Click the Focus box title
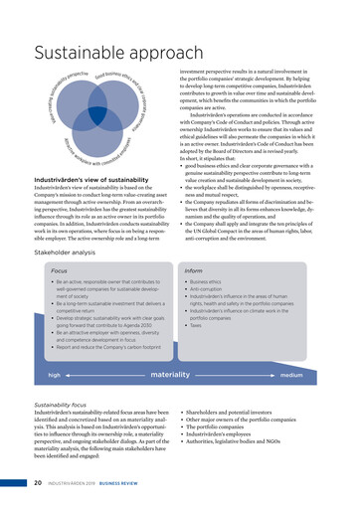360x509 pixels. coord(60,270)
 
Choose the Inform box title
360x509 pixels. coord(194,270)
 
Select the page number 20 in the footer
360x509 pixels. coord(37,485)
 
